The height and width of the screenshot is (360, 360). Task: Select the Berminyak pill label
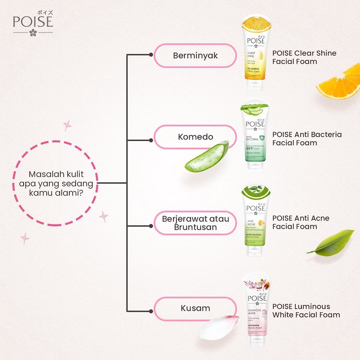point(195,56)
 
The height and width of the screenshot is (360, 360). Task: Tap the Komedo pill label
point(195,137)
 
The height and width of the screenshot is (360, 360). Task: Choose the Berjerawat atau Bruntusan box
point(195,223)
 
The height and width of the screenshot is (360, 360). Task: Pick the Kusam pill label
point(195,308)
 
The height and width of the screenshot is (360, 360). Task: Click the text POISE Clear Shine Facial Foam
point(304,57)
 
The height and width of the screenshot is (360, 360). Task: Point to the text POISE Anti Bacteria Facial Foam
point(307,139)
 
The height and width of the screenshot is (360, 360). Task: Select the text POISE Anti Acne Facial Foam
point(301,222)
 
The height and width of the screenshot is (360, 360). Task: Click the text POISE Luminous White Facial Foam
point(306,310)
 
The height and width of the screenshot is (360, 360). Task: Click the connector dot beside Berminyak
point(151,55)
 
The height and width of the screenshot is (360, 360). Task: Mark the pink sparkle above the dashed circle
point(67,126)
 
